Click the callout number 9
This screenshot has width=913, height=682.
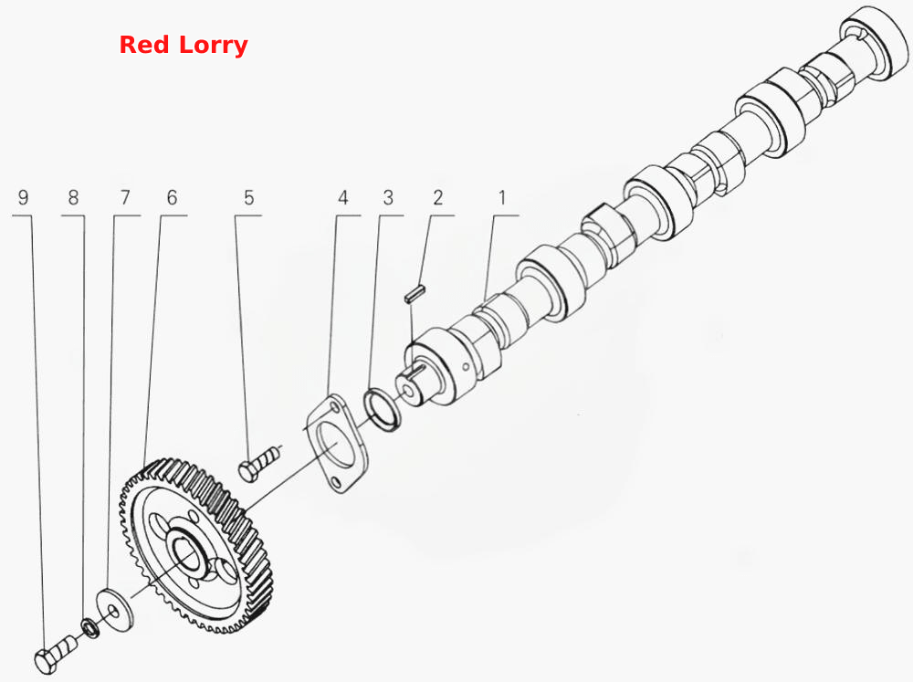click(x=24, y=197)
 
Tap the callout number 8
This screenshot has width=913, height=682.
click(x=73, y=197)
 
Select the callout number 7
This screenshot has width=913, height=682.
click(x=124, y=197)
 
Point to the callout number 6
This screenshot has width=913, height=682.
click(x=172, y=197)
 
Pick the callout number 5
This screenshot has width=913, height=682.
click(x=249, y=197)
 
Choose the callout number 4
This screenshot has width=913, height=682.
click(x=343, y=197)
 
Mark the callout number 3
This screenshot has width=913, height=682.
click(x=388, y=197)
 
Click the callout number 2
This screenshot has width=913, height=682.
click(x=438, y=197)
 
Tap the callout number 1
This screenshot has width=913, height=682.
click(x=502, y=197)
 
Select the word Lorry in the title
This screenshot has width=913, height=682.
click(x=214, y=46)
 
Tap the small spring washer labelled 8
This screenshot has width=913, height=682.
click(x=89, y=628)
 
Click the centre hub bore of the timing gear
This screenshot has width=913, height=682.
click(x=187, y=554)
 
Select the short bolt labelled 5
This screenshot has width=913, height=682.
click(x=260, y=463)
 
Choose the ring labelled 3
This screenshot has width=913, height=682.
click(x=382, y=408)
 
